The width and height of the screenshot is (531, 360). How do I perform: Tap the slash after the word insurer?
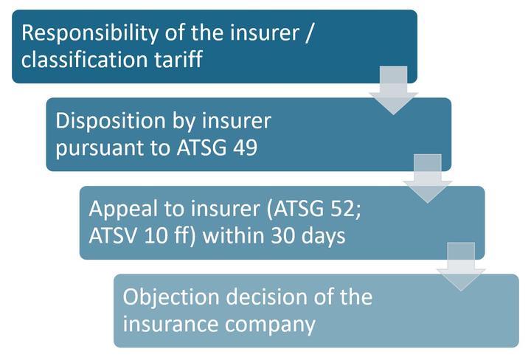tap(308, 33)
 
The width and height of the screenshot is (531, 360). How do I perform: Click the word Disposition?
tap(111, 122)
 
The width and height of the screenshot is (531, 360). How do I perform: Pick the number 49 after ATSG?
tap(246, 148)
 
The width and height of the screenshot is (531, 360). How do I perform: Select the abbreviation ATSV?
tap(113, 235)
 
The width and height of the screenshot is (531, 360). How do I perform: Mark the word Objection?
tap(171, 298)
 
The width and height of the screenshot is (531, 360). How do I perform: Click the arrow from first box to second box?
tap(394, 91)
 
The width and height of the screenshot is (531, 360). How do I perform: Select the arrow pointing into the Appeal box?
tap(427, 179)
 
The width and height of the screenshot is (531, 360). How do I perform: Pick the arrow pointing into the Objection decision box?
tap(461, 267)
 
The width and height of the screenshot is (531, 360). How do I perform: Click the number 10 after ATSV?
tap(156, 235)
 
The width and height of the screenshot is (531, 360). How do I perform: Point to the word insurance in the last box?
tap(170, 323)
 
